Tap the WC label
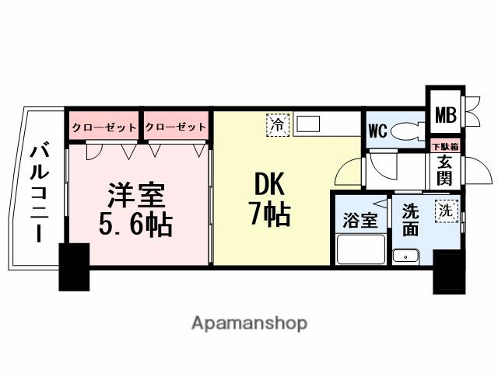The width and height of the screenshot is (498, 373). point(377,131)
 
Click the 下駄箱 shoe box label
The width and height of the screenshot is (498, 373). point(445,146)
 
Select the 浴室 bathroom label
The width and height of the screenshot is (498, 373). point(360,220)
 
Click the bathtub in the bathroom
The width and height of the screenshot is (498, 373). point(360,249)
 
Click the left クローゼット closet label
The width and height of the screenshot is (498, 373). point(104,127)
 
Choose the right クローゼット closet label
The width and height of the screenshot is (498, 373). point(176,127)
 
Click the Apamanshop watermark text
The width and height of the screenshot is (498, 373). point(249,322)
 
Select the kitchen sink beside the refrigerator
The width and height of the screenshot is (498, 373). point(308,123)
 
